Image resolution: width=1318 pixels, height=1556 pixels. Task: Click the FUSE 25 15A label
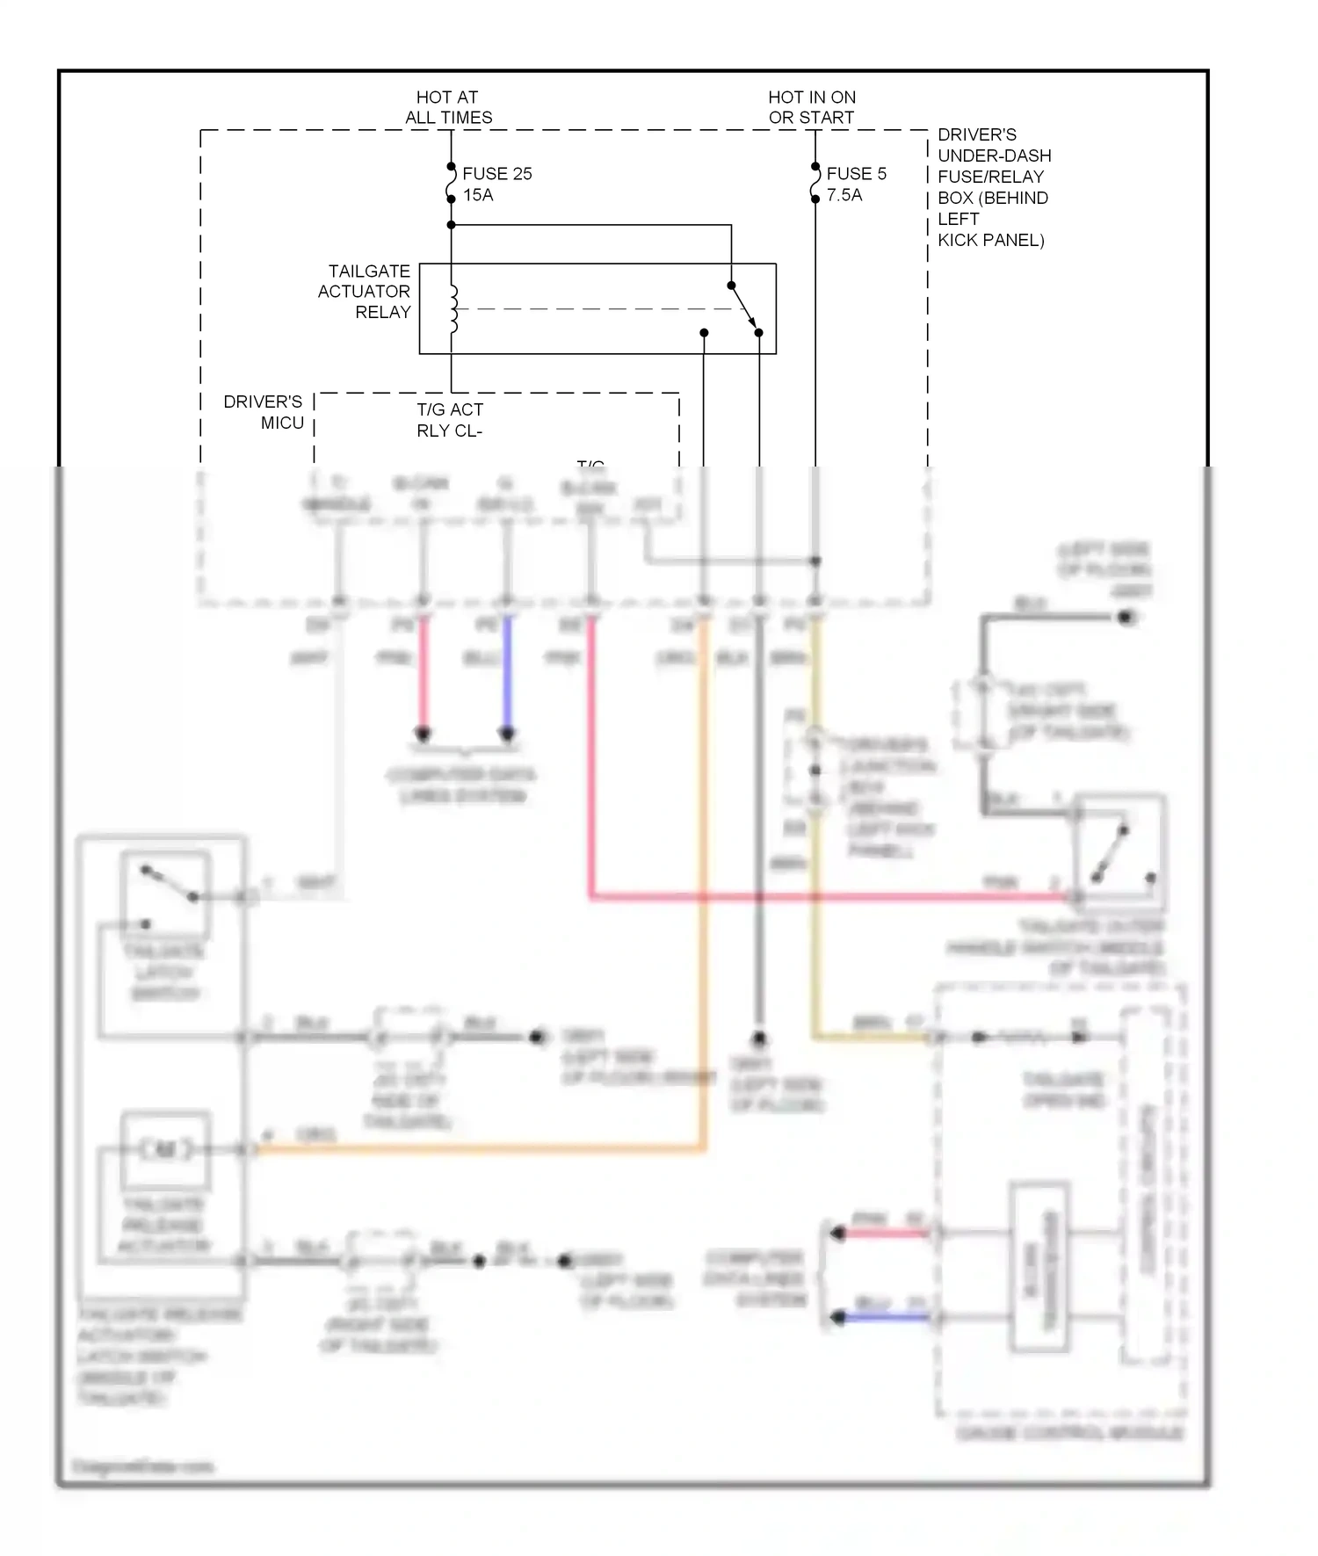click(x=496, y=185)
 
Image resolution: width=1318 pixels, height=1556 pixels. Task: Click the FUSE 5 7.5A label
click(x=855, y=185)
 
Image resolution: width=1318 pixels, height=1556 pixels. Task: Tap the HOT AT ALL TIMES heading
click(x=448, y=107)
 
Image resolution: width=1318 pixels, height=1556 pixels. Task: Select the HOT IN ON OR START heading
click(x=811, y=107)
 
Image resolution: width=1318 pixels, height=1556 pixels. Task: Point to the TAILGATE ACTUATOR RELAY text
click(x=365, y=292)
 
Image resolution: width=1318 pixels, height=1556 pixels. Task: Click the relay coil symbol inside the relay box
click(x=453, y=309)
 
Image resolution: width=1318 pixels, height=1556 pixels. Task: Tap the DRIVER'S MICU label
click(x=264, y=412)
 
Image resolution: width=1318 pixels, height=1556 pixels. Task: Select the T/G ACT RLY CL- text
click(x=449, y=420)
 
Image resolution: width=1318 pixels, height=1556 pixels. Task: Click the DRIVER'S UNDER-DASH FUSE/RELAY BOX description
click(x=993, y=187)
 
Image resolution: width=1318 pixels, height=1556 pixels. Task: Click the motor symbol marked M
click(x=165, y=1149)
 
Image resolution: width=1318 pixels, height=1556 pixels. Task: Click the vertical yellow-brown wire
click(x=815, y=835)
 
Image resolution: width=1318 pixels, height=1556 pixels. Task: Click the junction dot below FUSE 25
click(x=451, y=225)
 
